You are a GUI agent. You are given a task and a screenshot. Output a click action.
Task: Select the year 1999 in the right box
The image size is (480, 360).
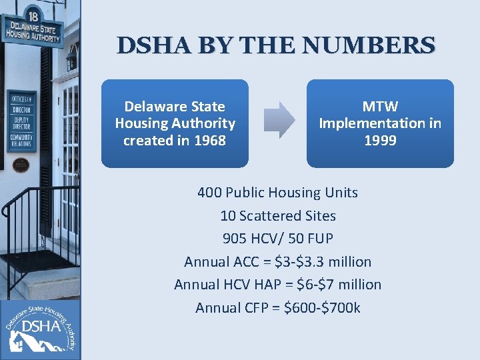pos(380,141)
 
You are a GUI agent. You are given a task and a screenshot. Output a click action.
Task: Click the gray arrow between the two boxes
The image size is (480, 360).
pos(278,120)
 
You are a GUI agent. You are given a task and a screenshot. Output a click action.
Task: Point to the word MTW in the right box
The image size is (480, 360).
pos(380,106)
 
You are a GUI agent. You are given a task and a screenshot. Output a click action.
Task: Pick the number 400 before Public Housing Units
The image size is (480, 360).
pos(210,193)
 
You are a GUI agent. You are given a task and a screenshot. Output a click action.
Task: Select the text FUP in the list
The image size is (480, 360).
pos(320,239)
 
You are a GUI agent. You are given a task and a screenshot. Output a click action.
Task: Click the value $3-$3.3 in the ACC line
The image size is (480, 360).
pos(304,261)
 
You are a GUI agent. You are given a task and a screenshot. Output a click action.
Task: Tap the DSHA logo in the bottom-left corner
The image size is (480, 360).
pos(40,327)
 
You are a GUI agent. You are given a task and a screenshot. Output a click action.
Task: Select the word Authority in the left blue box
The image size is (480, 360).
pos(203,123)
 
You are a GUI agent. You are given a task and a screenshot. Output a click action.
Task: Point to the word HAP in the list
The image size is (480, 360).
pos(273,285)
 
